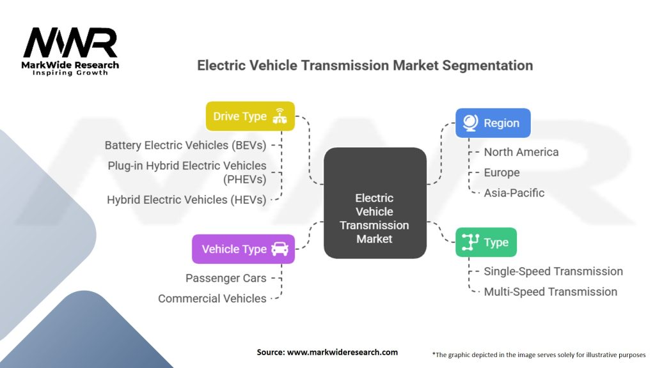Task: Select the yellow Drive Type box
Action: [x=250, y=116]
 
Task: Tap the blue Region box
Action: [x=493, y=123]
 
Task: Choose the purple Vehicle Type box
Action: [x=243, y=249]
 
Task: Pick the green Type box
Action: [x=485, y=242]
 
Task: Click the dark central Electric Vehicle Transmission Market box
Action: [x=375, y=203]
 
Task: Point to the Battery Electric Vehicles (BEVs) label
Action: [x=185, y=145]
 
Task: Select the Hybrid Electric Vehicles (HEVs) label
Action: [x=186, y=199]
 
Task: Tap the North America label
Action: [x=521, y=152]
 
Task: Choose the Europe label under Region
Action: [x=501, y=172]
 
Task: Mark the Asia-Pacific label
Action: [x=514, y=193]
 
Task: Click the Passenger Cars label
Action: [x=226, y=278]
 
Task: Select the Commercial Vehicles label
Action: [x=212, y=298]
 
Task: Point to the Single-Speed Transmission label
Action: [x=553, y=271]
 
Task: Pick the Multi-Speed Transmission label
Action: [x=550, y=291]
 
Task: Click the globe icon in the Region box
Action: [x=469, y=123]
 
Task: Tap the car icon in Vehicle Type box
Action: [x=280, y=249]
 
